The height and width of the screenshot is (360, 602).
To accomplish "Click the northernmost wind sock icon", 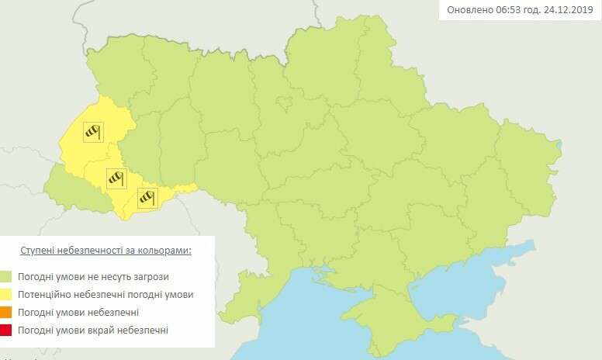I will tap(93, 132).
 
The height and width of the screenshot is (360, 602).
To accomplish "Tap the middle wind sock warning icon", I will tap(116, 178).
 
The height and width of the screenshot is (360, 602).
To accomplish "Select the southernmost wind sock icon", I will tap(147, 198).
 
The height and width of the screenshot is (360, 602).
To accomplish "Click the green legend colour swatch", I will tap(6, 277).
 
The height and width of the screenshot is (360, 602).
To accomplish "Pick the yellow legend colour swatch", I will tap(6, 295).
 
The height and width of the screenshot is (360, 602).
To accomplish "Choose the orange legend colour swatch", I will tap(6, 313).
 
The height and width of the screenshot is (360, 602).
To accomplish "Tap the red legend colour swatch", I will tap(6, 331).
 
